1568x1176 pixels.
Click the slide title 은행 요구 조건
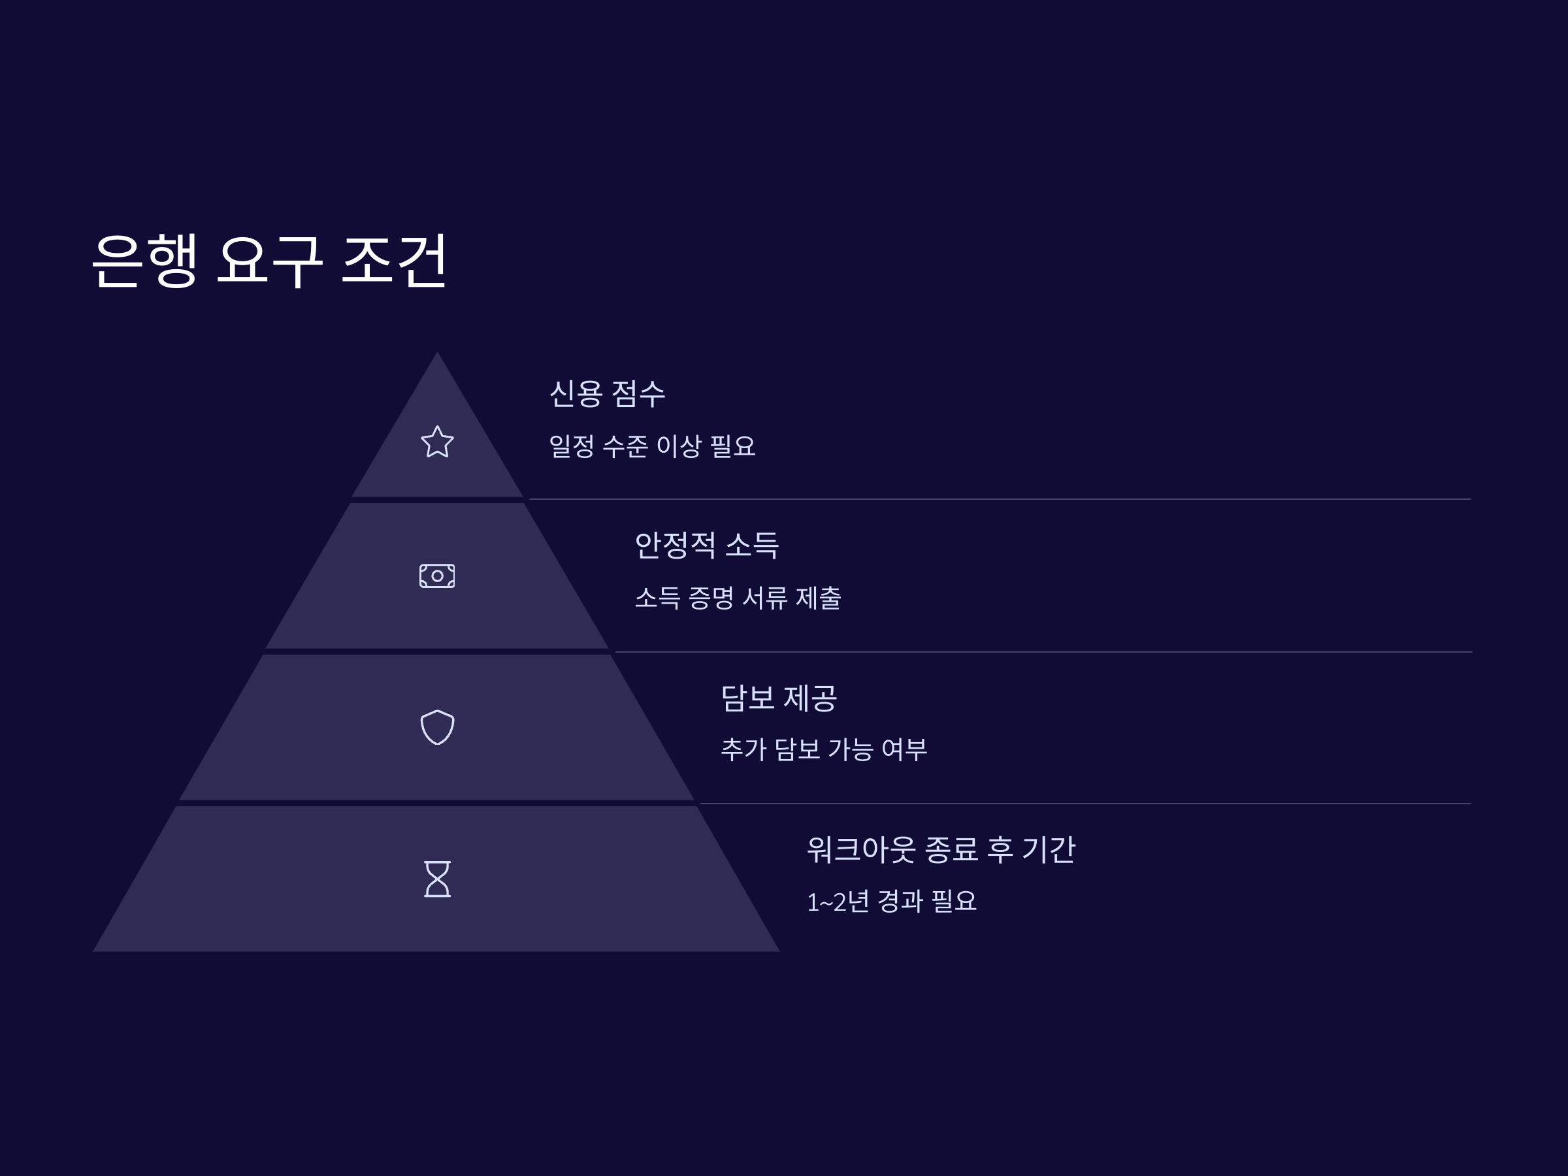(x=269, y=260)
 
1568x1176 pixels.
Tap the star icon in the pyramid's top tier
(x=437, y=442)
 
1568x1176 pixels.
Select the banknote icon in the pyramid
(x=437, y=576)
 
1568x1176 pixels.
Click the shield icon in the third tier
(x=437, y=727)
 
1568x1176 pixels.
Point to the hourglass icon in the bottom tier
(x=437, y=879)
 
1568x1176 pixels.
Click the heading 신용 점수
(x=608, y=394)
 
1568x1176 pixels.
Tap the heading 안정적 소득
(x=707, y=545)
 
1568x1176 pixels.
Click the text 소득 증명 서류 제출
(x=737, y=598)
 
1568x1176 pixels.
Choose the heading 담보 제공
(x=779, y=698)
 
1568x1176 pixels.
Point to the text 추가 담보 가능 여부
(x=824, y=749)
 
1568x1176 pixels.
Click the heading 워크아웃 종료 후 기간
(x=941, y=849)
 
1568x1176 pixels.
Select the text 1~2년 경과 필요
(x=891, y=902)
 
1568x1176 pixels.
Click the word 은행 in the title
(x=144, y=260)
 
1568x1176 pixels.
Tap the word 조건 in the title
(x=394, y=260)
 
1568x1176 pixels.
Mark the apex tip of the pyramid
(x=437, y=353)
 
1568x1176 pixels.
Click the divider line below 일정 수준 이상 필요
(x=1000, y=499)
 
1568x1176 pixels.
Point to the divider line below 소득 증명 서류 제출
(x=1042, y=651)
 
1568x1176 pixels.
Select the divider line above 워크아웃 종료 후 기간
(x=1085, y=803)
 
